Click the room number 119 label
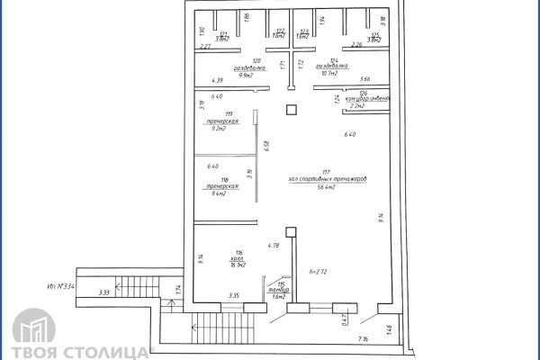[213, 114]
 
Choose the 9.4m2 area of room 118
[213, 193]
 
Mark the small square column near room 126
[290, 110]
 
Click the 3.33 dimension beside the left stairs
[104, 292]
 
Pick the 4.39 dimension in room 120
[216, 80]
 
